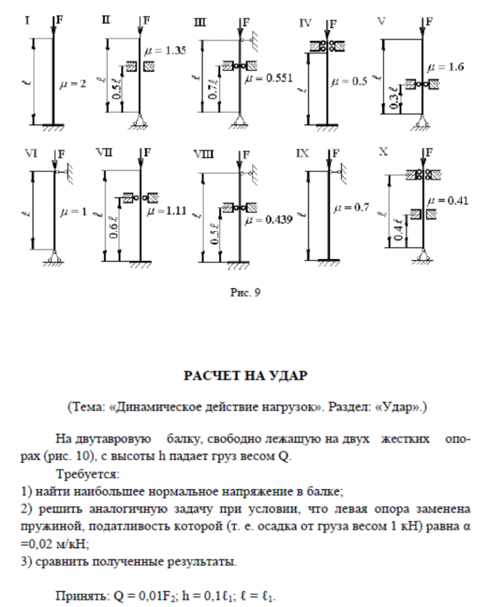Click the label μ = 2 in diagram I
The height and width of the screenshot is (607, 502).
tap(73, 85)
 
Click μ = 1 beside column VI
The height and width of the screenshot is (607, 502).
tap(74, 212)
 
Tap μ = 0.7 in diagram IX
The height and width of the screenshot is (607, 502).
tap(351, 208)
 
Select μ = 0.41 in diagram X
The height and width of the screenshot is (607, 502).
tap(450, 200)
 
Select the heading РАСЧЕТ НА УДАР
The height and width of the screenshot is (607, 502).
tap(246, 376)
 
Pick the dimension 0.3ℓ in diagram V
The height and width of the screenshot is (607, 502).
tap(396, 98)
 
